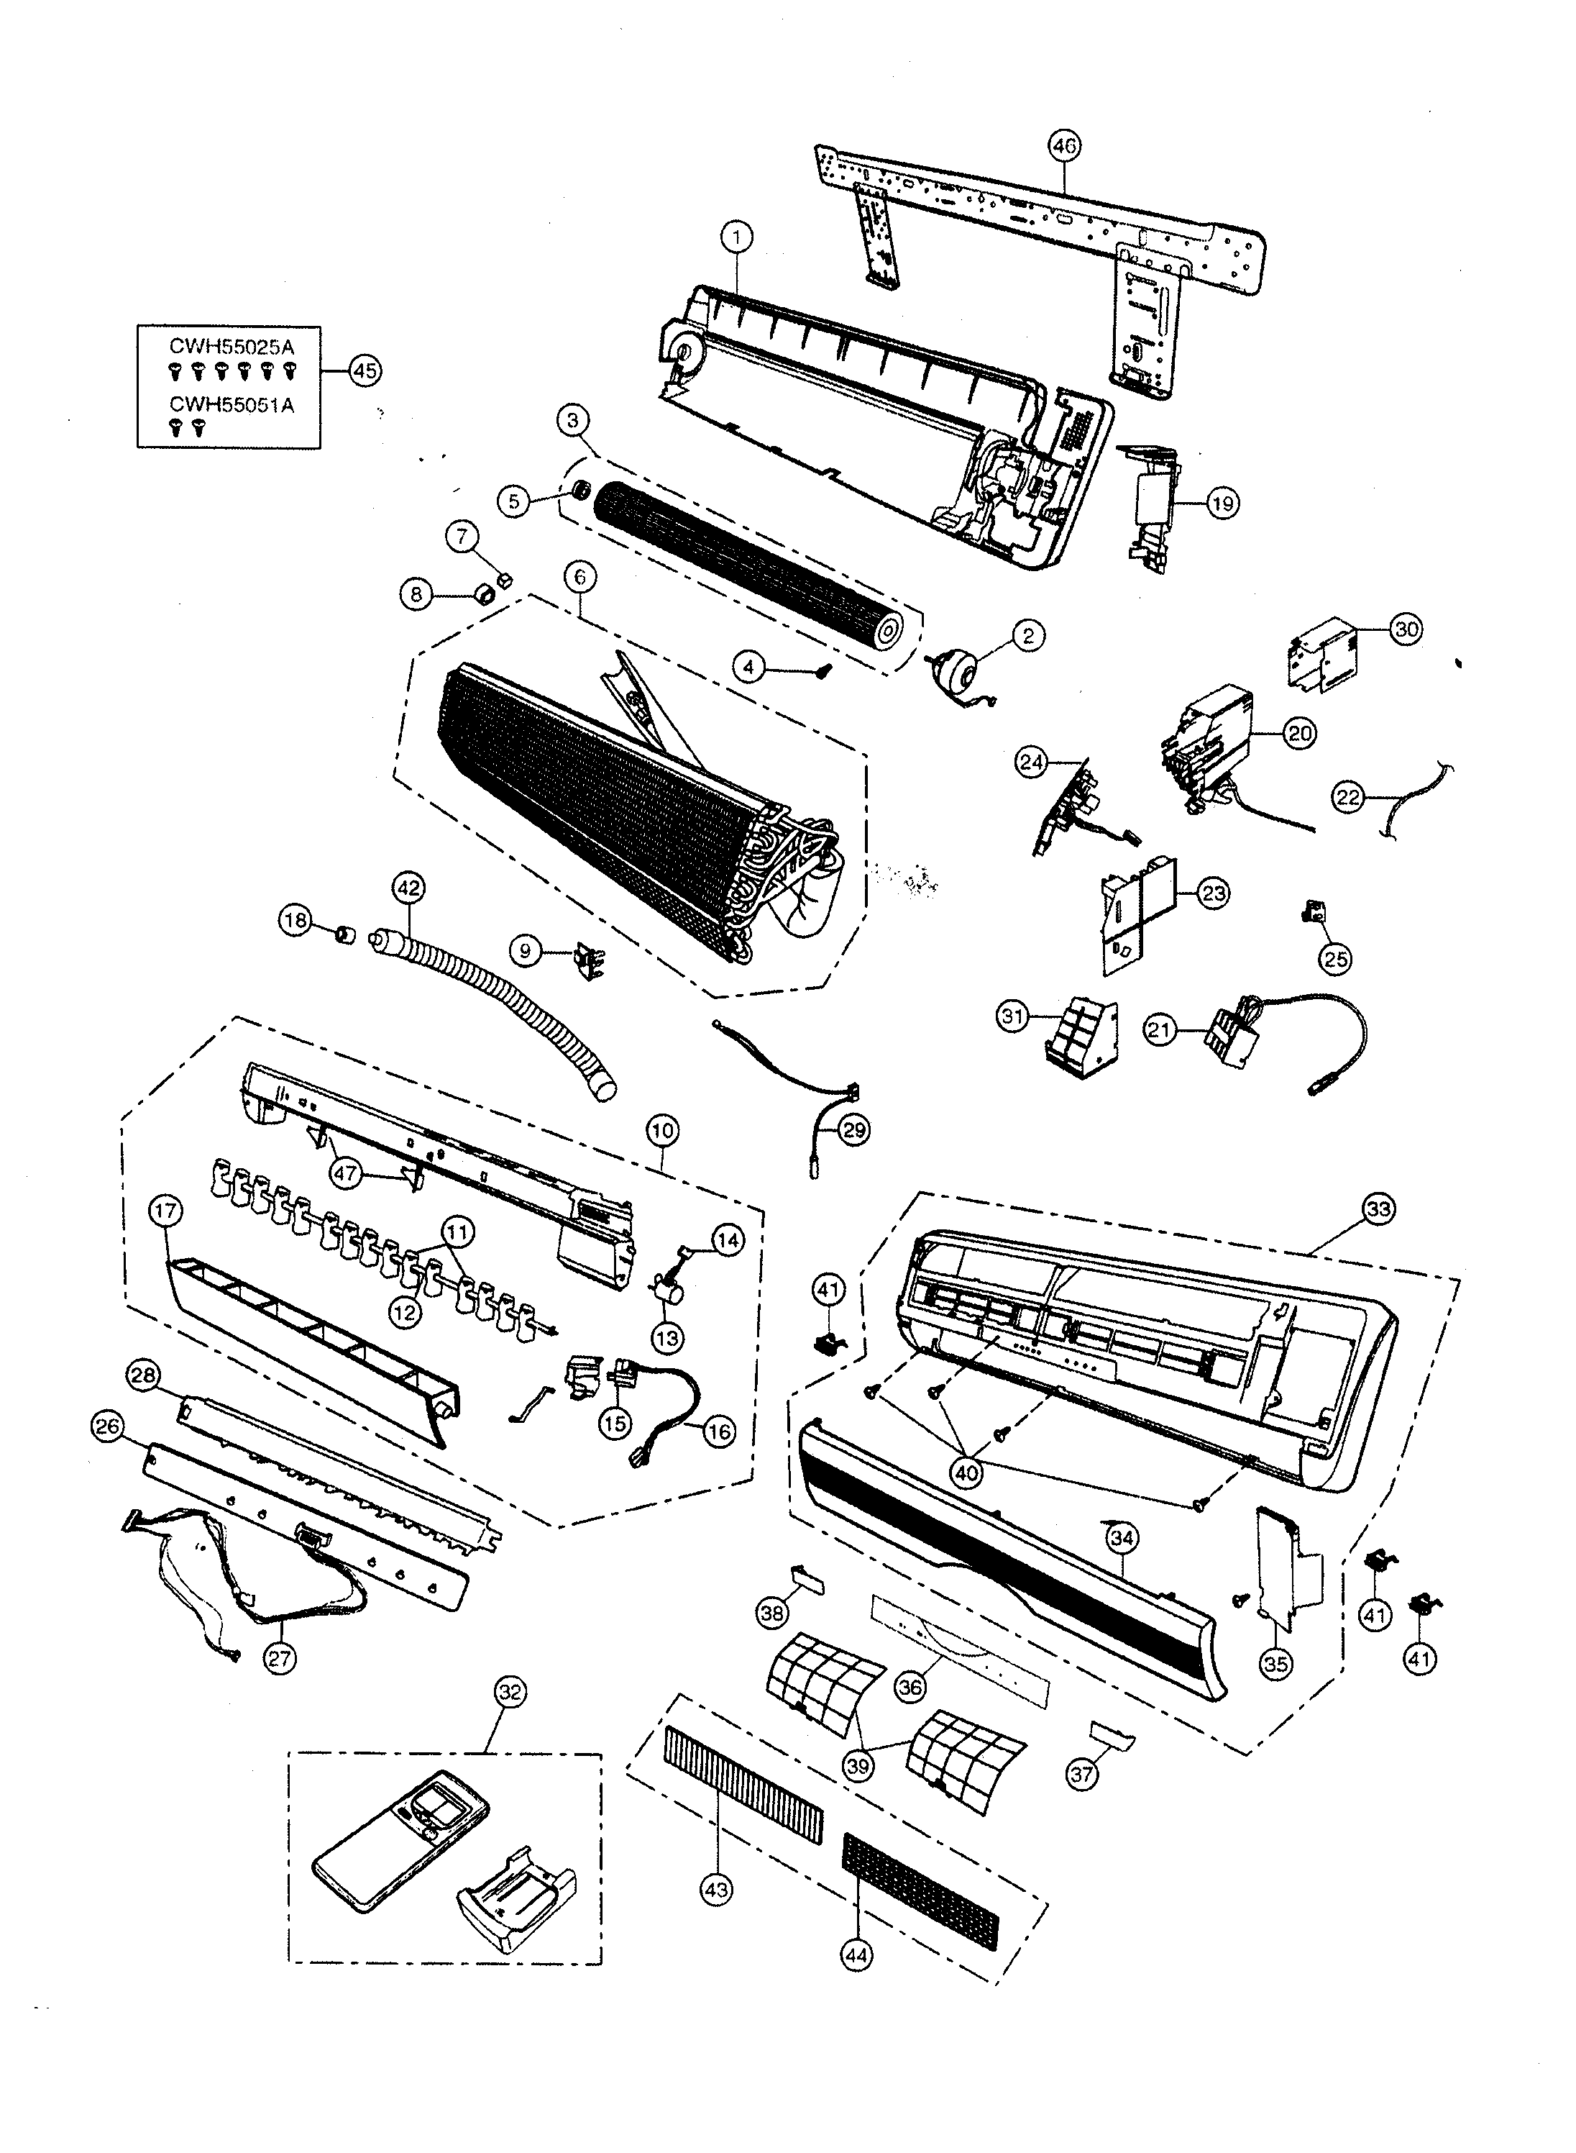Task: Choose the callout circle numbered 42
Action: (408, 888)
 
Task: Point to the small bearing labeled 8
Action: (484, 596)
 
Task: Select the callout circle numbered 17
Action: (166, 1212)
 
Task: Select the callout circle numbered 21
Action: (1160, 1031)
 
